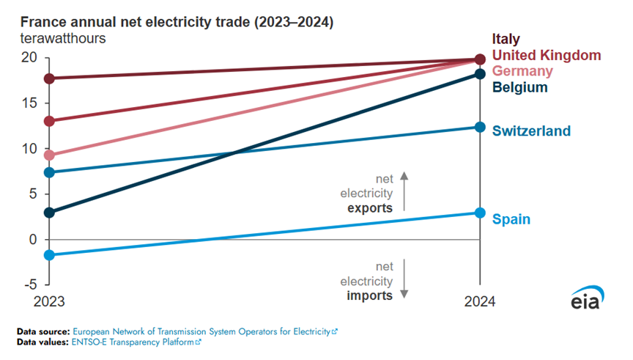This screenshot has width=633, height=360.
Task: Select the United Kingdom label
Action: [x=547, y=55]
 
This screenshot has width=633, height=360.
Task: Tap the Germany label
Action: [x=522, y=71]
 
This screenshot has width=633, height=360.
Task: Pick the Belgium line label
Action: [x=520, y=88]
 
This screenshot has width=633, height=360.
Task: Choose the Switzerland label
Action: [x=531, y=131]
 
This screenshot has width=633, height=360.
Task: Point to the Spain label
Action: [x=511, y=218]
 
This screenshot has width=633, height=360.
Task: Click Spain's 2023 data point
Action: [x=49, y=255]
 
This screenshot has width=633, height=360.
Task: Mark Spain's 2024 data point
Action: [x=480, y=213]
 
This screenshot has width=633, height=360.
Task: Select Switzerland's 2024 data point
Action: [x=480, y=127]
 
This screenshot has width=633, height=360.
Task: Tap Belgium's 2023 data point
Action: [x=49, y=213]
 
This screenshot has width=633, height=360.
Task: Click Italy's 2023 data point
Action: [x=49, y=78]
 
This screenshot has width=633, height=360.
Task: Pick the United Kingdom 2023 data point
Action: [x=49, y=120]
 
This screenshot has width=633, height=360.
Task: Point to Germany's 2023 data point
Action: [x=49, y=155]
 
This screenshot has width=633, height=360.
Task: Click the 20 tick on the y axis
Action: [x=28, y=57]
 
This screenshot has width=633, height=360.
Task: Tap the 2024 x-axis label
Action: [x=480, y=302]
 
